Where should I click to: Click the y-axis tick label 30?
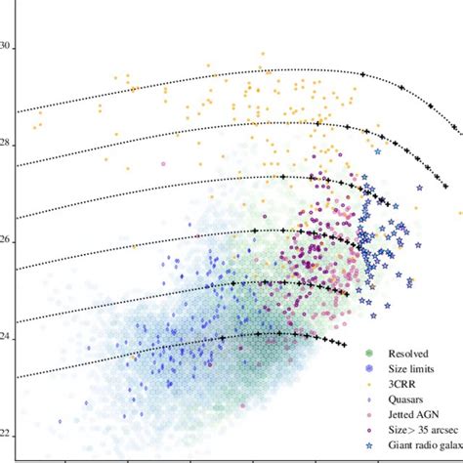pyautogui.click(x=6, y=47)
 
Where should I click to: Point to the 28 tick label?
pyautogui.click(x=6, y=144)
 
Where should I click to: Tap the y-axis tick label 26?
pyautogui.click(x=6, y=240)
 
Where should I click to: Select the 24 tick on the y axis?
pyautogui.click(x=6, y=337)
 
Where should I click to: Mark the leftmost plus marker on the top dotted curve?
pyautogui.click(x=362, y=75)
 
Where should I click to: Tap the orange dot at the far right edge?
pyautogui.click(x=460, y=212)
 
